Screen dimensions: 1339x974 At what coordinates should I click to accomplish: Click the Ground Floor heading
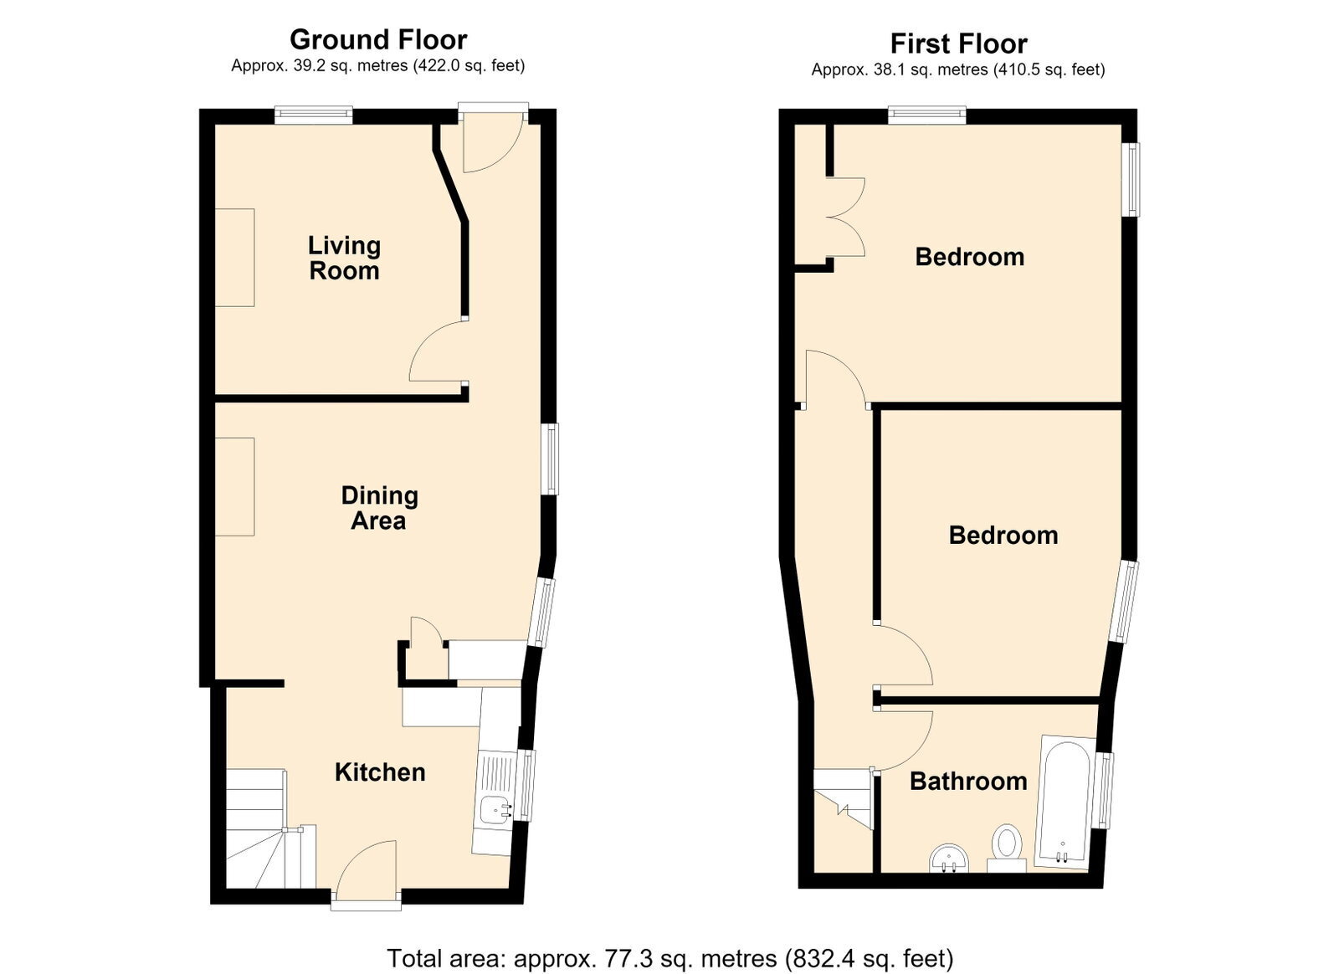point(377,40)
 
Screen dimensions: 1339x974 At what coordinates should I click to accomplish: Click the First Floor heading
point(958,44)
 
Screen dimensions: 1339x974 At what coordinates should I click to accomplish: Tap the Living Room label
point(344,258)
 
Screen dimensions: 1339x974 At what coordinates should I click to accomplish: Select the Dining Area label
point(379,508)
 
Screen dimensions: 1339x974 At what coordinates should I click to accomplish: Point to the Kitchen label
point(380,772)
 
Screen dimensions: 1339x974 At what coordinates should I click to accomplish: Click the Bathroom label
point(968,781)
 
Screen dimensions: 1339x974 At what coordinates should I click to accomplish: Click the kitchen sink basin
point(496,811)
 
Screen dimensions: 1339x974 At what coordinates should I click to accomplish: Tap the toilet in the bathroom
point(1007,848)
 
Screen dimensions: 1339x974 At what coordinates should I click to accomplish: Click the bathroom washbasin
point(949,859)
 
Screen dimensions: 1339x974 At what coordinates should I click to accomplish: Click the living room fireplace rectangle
point(235,258)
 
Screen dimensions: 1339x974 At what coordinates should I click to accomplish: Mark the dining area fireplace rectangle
point(235,486)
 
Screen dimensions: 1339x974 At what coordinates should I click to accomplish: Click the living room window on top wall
point(314,115)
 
